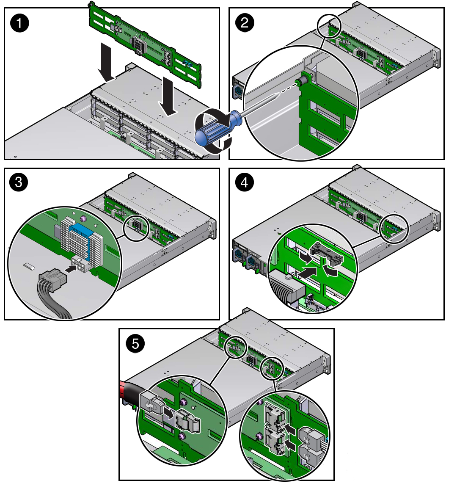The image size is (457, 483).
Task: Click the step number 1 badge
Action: coord(19,23)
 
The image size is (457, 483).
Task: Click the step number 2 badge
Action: coord(245,22)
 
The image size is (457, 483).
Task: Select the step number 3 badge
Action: coord(19,182)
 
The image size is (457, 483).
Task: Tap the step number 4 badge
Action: coord(244,182)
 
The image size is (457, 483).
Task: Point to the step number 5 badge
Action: coord(135,343)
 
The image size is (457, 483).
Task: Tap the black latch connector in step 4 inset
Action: coord(326,254)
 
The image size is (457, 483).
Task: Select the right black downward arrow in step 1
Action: coord(168,97)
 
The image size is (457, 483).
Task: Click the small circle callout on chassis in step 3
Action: coord(136,228)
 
